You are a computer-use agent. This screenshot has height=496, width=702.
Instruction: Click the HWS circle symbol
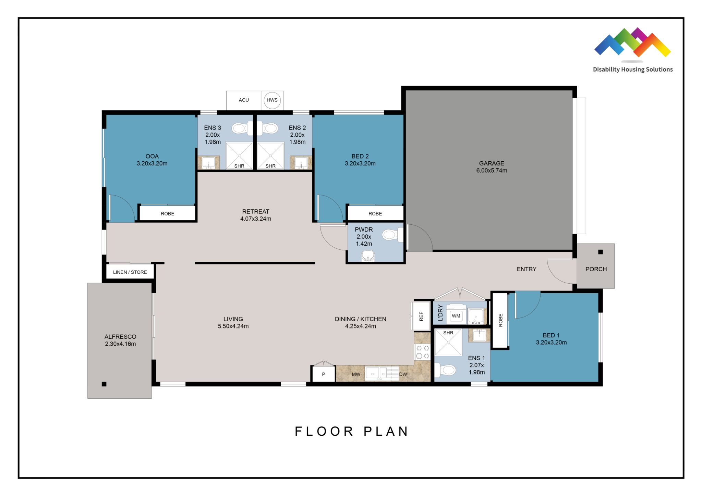[272, 100]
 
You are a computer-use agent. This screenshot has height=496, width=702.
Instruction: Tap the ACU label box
[244, 100]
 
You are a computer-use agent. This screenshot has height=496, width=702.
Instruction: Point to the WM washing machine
[456, 315]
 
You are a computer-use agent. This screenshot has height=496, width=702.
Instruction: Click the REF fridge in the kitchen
[421, 316]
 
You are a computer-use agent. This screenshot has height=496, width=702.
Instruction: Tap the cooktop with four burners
[422, 352]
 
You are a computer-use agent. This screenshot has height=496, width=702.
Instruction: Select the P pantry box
[323, 374]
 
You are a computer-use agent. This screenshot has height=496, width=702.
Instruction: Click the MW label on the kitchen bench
[356, 374]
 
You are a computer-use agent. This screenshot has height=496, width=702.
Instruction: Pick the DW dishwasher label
[403, 374]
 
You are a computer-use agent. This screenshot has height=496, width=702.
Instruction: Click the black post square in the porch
[600, 252]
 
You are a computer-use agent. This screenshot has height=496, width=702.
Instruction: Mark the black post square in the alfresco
[104, 384]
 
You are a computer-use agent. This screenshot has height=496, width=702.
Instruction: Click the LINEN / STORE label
[130, 272]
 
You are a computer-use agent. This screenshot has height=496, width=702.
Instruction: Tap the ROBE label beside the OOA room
[167, 213]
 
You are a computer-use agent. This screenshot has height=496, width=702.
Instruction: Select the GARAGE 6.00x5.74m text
[491, 167]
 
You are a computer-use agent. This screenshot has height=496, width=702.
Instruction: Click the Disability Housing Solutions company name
[633, 69]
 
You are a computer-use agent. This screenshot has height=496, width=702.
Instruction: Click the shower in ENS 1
[448, 342]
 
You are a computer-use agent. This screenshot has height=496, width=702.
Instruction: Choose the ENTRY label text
[526, 269]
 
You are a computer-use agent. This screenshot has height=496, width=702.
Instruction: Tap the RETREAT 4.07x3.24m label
[256, 215]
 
